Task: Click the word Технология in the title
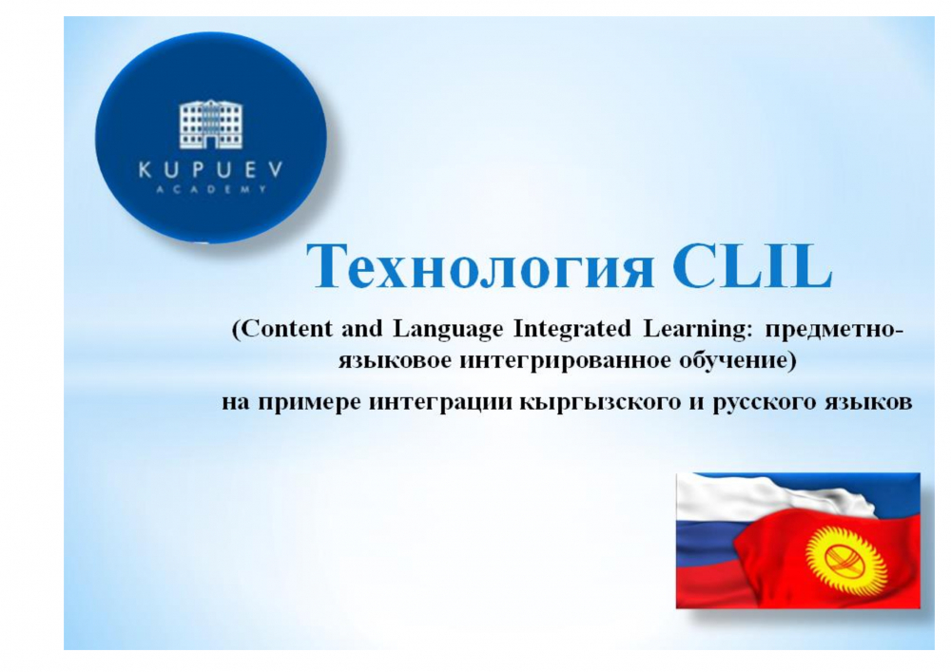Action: [480, 267]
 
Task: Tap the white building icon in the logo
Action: [210, 125]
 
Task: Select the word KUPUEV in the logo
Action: [210, 170]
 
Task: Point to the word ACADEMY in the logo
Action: [210, 189]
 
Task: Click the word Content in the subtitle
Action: [284, 329]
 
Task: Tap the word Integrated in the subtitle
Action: [572, 330]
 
